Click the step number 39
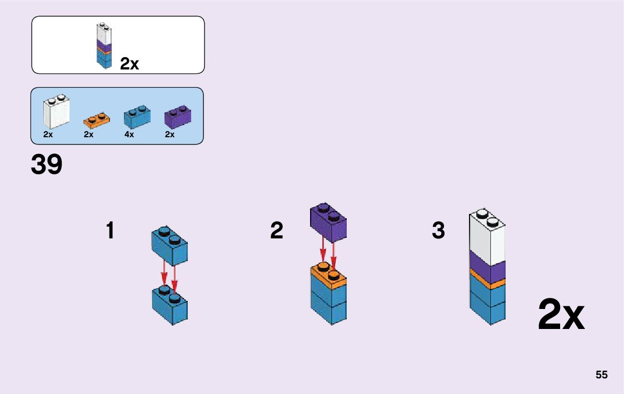pos(47,164)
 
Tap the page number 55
pos(601,375)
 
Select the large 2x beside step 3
pos(561,315)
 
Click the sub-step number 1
pos(110,231)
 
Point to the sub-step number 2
pos(277,231)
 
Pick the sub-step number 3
pos(438,231)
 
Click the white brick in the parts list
pos(56,113)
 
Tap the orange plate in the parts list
pos(96,119)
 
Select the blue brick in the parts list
pos(137,116)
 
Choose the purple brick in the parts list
pos(178,117)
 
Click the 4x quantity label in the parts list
pos(129,134)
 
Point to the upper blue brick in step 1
pos(170,246)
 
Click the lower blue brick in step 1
pos(170,306)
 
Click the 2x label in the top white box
pos(129,64)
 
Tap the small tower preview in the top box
pos(104,46)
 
